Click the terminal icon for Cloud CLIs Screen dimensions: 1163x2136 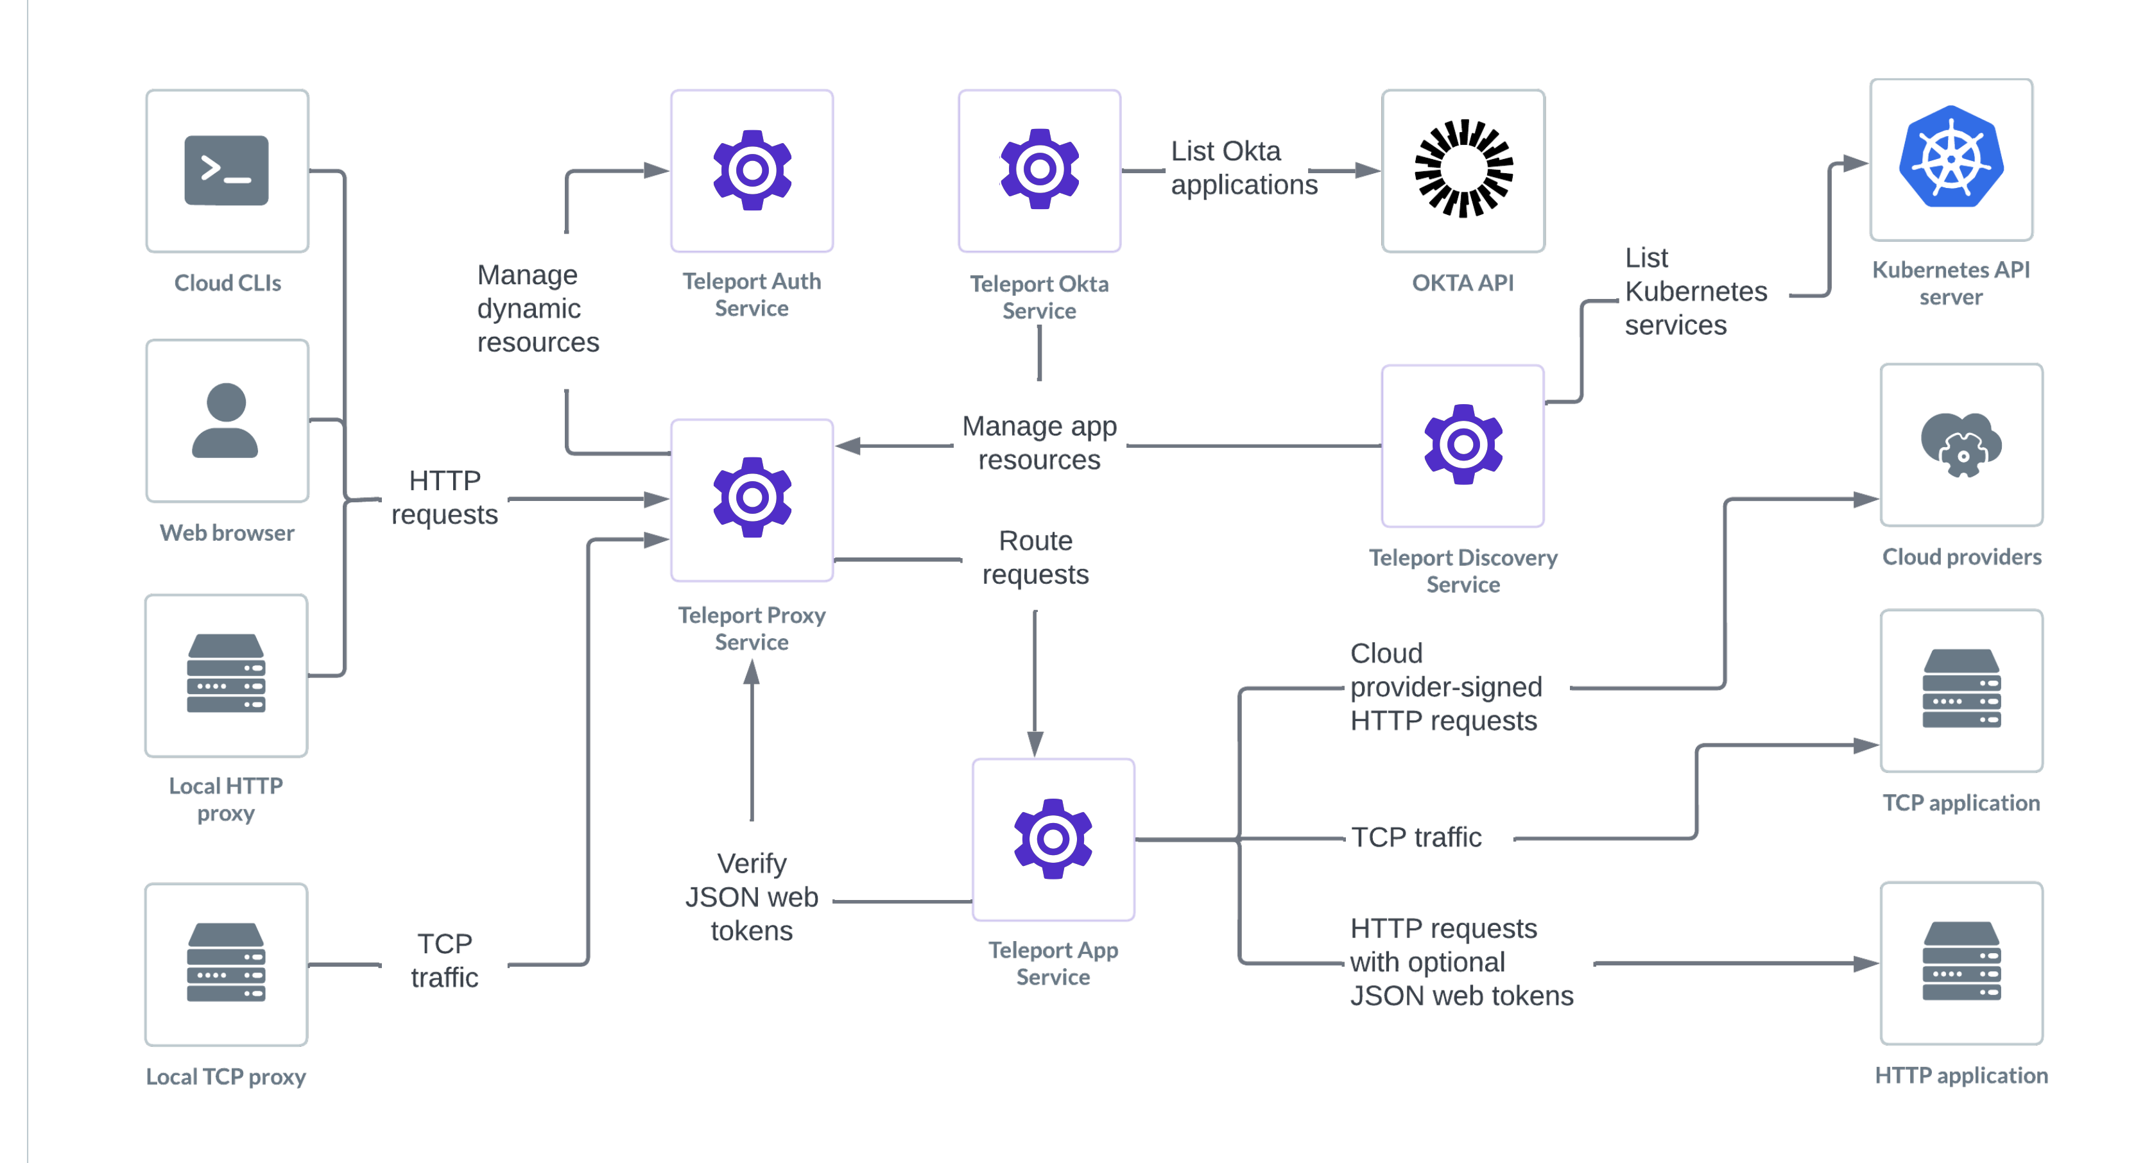click(x=227, y=170)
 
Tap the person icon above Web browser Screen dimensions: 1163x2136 click(x=225, y=420)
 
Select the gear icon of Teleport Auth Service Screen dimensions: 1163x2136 click(x=752, y=170)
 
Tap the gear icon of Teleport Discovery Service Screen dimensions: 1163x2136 click(x=1463, y=445)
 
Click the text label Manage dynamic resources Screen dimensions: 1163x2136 click(x=537, y=309)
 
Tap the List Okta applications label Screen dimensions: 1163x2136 click(x=1243, y=168)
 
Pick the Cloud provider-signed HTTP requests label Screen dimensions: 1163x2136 click(x=1446, y=687)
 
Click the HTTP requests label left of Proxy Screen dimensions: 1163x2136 click(x=444, y=497)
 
